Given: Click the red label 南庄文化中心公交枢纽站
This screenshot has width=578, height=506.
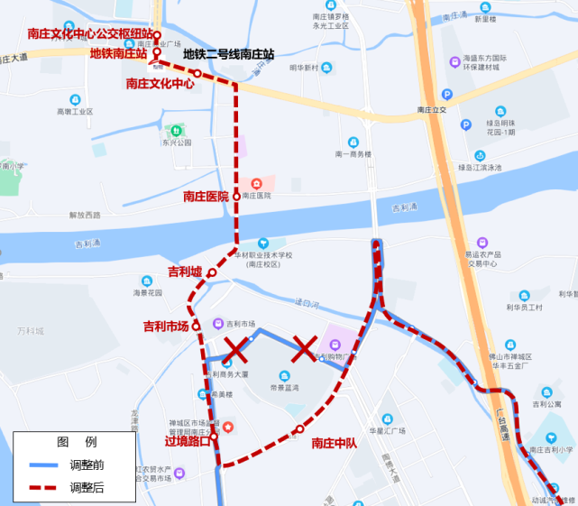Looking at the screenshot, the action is pyautogui.click(x=90, y=34).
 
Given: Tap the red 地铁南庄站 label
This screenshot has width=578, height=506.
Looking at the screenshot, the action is pyautogui.click(x=118, y=53).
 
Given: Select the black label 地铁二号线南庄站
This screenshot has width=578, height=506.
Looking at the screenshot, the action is pyautogui.click(x=228, y=53).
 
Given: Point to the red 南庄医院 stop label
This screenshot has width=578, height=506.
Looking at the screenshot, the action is pyautogui.click(x=206, y=196).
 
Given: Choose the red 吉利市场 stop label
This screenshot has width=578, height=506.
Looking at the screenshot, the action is pyautogui.click(x=166, y=327).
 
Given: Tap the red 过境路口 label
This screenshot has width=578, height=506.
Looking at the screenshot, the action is pyautogui.click(x=188, y=442).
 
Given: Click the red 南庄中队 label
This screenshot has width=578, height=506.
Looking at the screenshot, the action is pyautogui.click(x=335, y=443).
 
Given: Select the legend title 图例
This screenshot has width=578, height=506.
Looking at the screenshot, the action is pyautogui.click(x=77, y=443).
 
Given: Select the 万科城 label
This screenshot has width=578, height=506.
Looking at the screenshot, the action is pyautogui.click(x=29, y=331).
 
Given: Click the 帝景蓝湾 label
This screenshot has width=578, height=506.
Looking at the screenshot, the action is pyautogui.click(x=286, y=388).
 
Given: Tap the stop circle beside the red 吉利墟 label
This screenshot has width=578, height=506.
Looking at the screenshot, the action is pyautogui.click(x=212, y=272).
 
